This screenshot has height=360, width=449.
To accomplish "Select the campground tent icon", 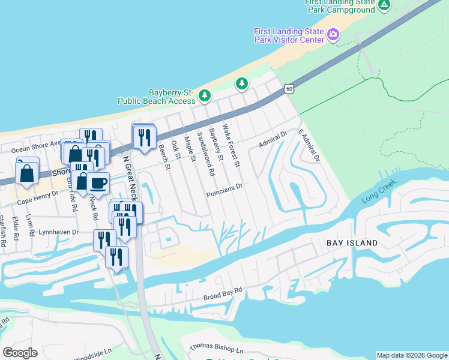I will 384,5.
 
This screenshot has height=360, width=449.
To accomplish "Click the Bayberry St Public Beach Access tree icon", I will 205,95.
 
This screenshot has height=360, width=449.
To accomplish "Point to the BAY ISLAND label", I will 352,243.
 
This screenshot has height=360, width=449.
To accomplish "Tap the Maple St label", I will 190,149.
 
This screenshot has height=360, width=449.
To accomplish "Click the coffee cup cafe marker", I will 98,182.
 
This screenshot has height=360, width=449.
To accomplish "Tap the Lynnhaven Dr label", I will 58,232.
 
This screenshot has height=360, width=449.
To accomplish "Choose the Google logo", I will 20,353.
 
